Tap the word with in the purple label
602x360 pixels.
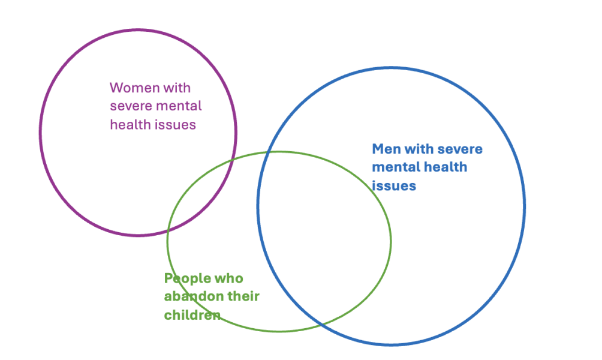[x=177, y=88]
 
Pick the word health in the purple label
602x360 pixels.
[x=130, y=124]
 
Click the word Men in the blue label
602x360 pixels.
[x=386, y=149]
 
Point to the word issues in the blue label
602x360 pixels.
[x=394, y=186]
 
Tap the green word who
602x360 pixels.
[x=229, y=278]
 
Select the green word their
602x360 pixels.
[x=243, y=296]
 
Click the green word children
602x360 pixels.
[x=192, y=315]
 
